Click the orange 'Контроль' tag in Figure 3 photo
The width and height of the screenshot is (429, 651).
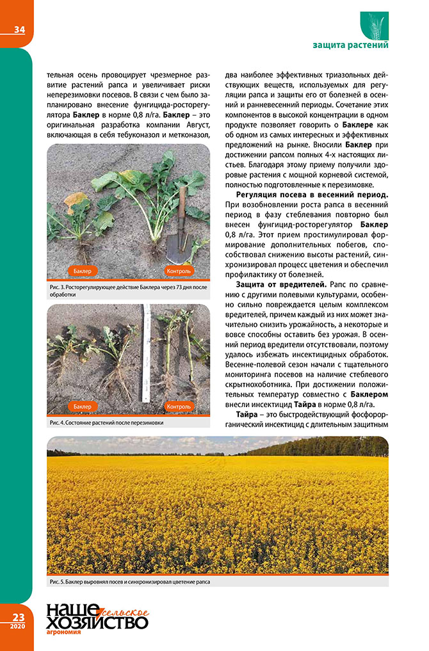tap(179, 271)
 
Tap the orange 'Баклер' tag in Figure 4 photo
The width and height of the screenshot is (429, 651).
tap(82, 406)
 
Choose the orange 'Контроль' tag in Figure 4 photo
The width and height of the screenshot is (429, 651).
tap(179, 406)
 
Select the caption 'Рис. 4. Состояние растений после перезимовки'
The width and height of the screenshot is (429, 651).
tap(106, 422)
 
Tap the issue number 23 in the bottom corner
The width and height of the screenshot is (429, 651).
tap(17, 616)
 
